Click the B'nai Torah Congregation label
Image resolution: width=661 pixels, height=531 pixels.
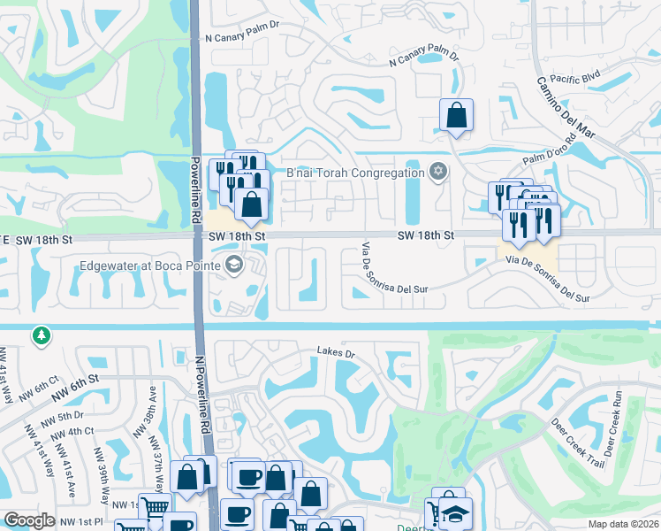pos(356,173)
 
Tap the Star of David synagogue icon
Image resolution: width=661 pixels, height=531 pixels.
pos(437,172)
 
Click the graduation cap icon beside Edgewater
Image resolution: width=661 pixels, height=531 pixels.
pos(233,265)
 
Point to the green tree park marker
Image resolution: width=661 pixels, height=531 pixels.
pos(40,335)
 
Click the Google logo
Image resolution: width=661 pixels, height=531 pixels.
pos(29,520)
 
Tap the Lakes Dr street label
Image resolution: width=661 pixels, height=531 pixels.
pos(336,353)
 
